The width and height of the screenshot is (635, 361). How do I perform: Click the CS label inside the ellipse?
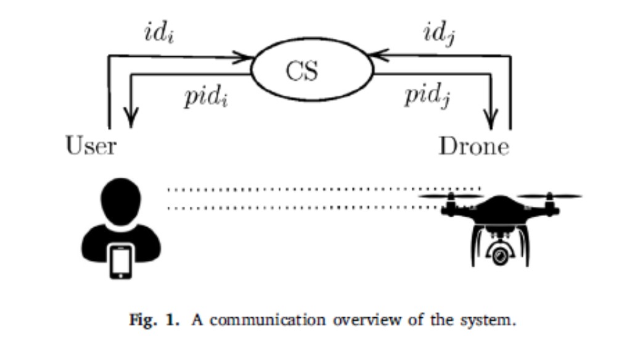point(302,71)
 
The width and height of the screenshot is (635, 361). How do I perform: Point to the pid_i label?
point(206,98)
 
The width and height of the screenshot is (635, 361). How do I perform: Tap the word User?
point(91,147)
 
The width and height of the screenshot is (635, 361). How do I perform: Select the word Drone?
point(474,147)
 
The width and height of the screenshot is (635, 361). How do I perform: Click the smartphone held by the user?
point(121,261)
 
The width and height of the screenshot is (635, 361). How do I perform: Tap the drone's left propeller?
point(451,197)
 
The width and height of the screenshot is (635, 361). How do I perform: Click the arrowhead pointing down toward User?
point(131,117)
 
